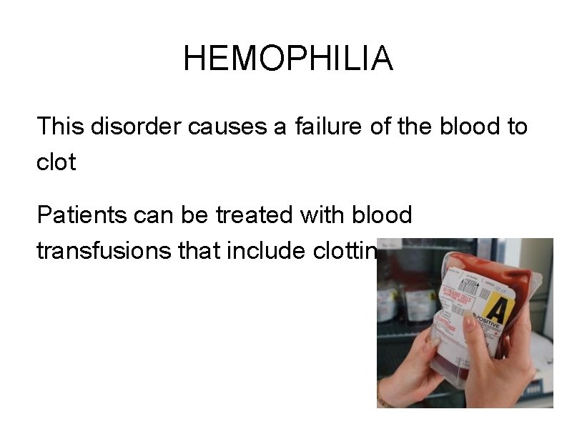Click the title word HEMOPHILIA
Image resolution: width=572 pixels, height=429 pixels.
(x=287, y=59)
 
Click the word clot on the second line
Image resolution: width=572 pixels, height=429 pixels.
(x=56, y=162)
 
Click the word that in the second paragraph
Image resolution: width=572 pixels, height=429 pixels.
(x=202, y=250)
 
